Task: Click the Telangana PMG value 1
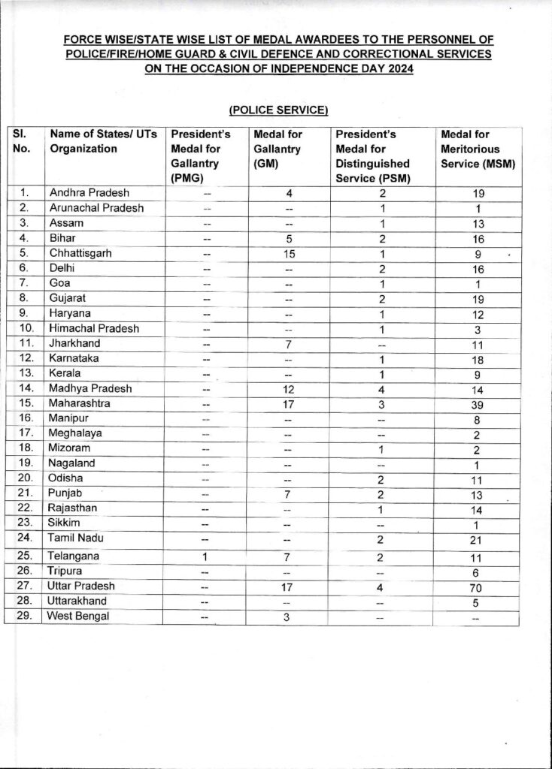(x=206, y=556)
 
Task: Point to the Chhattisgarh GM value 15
(x=289, y=253)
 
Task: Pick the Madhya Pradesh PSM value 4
(x=384, y=388)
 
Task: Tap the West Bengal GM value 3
(x=289, y=617)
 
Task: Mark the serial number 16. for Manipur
(x=24, y=418)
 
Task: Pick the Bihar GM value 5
(x=289, y=238)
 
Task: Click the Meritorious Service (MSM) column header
(x=478, y=149)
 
